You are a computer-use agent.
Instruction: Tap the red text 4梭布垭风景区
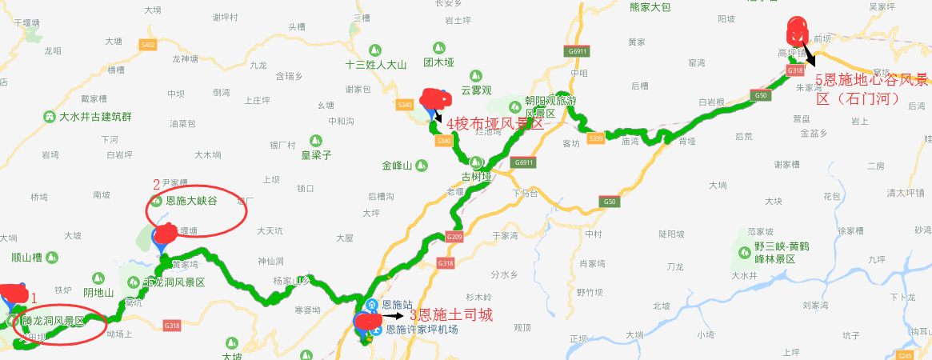click(x=494, y=124)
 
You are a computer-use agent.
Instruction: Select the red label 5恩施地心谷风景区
click(x=872, y=89)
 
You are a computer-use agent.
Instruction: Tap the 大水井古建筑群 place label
click(x=95, y=116)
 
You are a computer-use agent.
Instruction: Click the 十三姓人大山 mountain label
click(x=376, y=65)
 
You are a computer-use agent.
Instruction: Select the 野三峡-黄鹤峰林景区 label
click(x=776, y=253)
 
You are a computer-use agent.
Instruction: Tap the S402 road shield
click(x=147, y=45)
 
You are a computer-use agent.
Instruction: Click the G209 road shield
click(x=454, y=237)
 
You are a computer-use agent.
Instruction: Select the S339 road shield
click(x=595, y=138)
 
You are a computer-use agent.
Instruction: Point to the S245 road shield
click(x=905, y=355)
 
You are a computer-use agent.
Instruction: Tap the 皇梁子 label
click(x=315, y=155)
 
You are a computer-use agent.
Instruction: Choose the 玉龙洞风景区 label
click(x=174, y=282)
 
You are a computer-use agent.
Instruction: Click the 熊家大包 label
click(x=650, y=7)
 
